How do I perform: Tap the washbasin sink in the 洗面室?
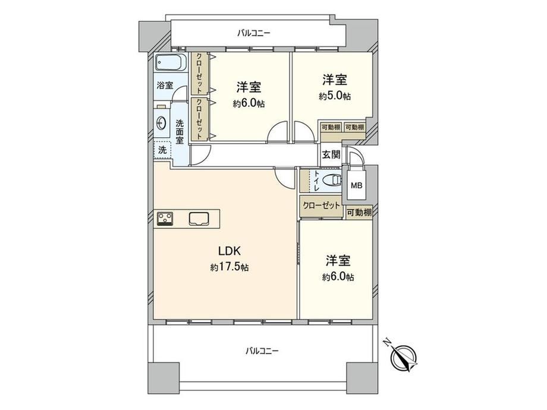coord(161,123)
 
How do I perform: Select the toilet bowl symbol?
coord(332,180)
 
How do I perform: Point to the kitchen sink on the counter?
coord(199,219)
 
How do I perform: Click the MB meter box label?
coord(356,185)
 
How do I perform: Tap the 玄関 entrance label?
coord(331,154)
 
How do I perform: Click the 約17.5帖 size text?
coord(229,267)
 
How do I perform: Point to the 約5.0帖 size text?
coord(335,96)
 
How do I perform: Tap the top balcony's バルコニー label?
coord(254,33)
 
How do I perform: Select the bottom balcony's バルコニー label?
coord(262,351)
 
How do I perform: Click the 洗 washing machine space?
coord(162,150)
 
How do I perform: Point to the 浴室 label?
coord(165,85)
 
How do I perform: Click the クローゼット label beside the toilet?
coord(321,206)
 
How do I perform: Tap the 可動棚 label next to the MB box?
coord(359,212)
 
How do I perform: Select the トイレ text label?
coord(316,181)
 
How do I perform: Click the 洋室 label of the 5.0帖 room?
coord(335,80)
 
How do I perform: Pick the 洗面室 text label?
coord(180,132)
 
